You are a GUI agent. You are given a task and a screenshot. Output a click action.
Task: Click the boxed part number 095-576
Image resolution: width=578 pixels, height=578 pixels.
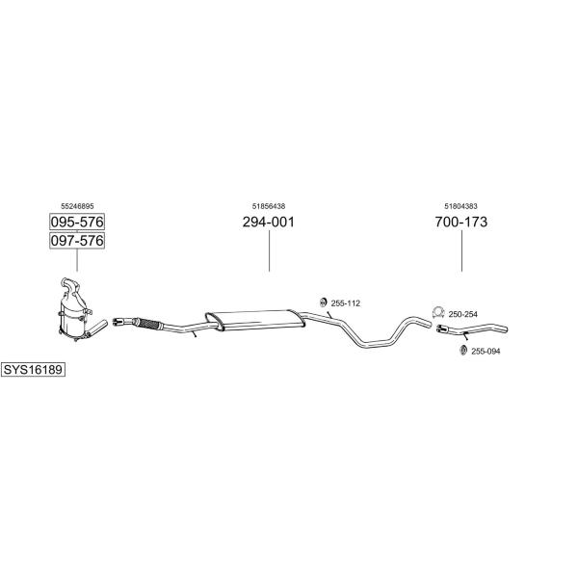point(77,222)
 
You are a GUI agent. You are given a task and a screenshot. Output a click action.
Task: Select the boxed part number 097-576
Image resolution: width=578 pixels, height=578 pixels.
point(77,241)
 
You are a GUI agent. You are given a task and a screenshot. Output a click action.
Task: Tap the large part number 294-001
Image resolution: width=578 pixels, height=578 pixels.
point(269,222)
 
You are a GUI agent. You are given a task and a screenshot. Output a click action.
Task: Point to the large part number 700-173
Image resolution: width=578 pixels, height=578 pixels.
point(461,222)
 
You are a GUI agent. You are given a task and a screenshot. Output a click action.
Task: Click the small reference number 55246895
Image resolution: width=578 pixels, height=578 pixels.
point(77,206)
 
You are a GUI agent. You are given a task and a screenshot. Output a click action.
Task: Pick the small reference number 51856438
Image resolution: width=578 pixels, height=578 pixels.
point(269,206)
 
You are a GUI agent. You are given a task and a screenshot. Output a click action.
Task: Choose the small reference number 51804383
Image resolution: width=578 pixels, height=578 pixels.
point(460,206)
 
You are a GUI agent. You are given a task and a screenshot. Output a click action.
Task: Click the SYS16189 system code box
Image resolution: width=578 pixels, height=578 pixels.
point(33,369)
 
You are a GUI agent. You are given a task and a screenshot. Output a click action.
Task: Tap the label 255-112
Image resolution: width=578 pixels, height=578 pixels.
point(346,303)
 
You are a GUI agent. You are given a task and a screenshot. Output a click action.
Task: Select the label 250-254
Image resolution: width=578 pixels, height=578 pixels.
point(463,314)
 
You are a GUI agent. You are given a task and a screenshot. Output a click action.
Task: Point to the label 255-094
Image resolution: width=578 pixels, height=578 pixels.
point(486,352)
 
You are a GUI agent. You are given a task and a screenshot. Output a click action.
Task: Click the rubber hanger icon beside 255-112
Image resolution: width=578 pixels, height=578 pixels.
point(323,302)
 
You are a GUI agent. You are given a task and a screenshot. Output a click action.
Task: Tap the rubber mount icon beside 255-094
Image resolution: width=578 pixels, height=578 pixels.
point(463,351)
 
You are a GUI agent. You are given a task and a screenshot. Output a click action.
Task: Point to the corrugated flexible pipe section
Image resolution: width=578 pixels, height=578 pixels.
point(146,324)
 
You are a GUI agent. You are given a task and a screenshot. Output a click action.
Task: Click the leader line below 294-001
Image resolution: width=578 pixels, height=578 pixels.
point(269,251)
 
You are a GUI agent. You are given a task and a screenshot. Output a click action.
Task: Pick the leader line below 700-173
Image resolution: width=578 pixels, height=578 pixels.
point(461,251)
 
